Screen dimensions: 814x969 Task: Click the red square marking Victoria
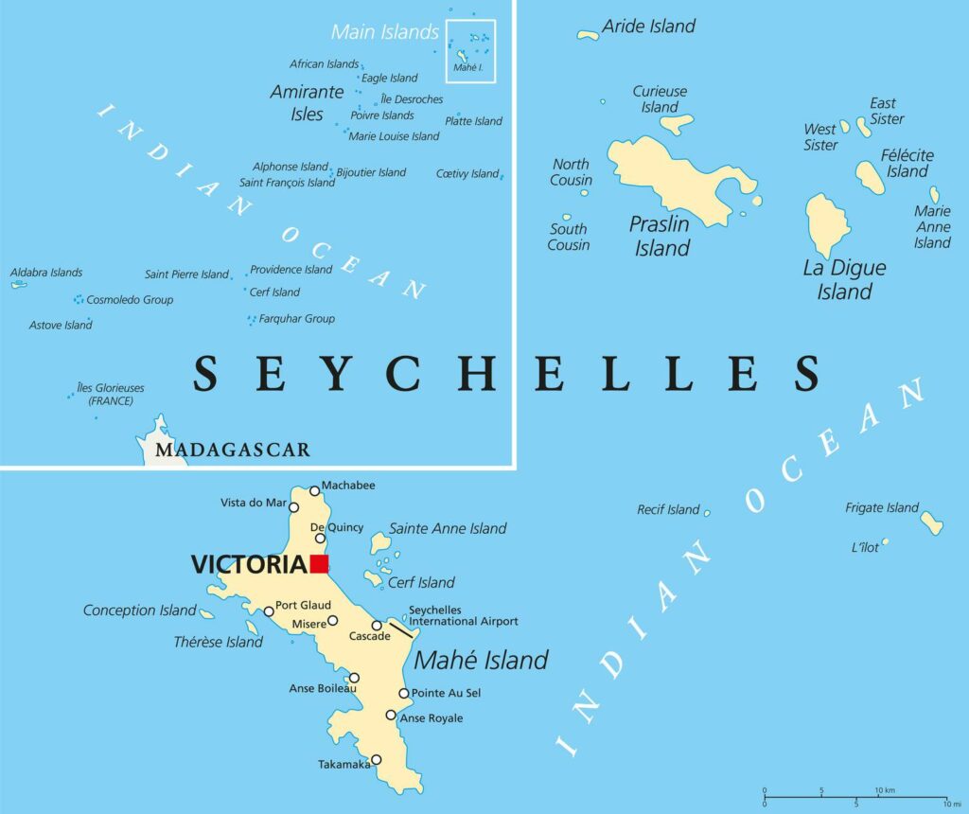tap(319, 564)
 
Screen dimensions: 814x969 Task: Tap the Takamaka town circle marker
tap(376, 759)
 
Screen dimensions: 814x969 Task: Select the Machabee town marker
tap(315, 491)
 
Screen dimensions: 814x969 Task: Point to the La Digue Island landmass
tap(827, 225)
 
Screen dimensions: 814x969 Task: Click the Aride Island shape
tap(589, 35)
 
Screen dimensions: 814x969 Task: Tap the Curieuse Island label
tap(660, 99)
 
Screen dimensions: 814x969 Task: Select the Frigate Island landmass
tap(931, 522)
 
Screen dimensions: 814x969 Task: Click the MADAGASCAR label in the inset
tap(232, 450)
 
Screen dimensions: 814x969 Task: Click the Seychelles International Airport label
tap(463, 616)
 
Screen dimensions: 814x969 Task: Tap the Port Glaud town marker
tap(269, 611)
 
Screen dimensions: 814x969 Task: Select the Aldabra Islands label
tap(46, 273)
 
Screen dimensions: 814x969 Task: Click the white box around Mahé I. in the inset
tap(470, 51)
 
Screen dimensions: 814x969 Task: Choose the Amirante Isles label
tap(307, 103)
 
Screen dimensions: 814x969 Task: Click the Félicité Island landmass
tap(870, 177)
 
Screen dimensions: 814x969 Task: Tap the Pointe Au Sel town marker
tap(404, 694)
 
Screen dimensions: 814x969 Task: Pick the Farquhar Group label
tap(297, 319)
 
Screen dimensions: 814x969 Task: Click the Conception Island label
tap(139, 610)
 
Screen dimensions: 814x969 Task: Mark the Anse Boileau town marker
tap(354, 678)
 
